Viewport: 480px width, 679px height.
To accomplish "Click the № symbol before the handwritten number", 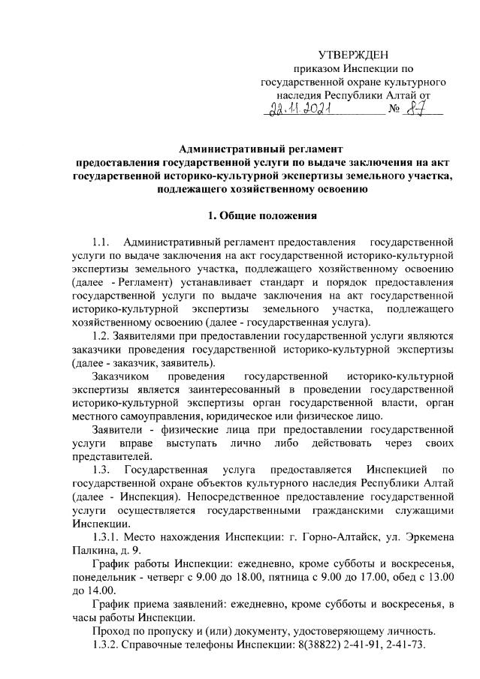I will (393, 112).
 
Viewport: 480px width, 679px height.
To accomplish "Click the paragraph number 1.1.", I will (101, 242).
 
